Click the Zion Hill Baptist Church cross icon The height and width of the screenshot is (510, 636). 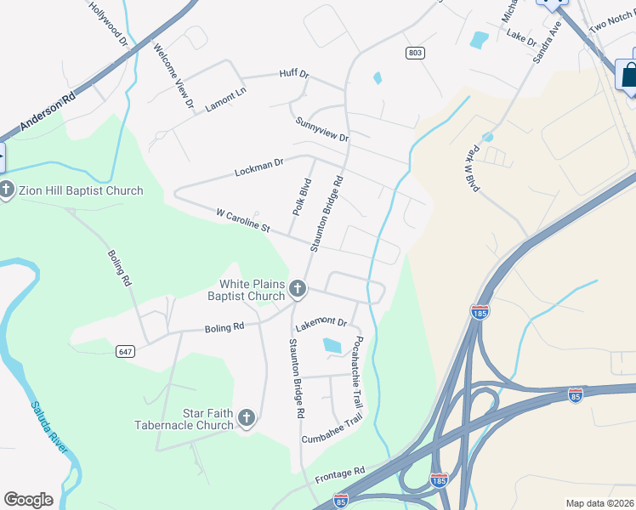[x=7, y=190]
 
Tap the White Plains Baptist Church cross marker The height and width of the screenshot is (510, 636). [x=298, y=290]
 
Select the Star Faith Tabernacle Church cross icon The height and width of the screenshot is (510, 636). [x=247, y=417]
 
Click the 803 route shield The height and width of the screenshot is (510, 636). [x=415, y=53]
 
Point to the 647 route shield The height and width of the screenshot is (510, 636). [x=126, y=350]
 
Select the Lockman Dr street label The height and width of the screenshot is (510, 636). [x=258, y=167]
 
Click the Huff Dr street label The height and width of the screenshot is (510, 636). [x=293, y=74]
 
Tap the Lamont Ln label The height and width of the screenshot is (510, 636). [x=225, y=98]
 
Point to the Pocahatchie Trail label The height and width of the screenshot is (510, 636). [x=358, y=371]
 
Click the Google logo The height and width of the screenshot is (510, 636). [x=29, y=500]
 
